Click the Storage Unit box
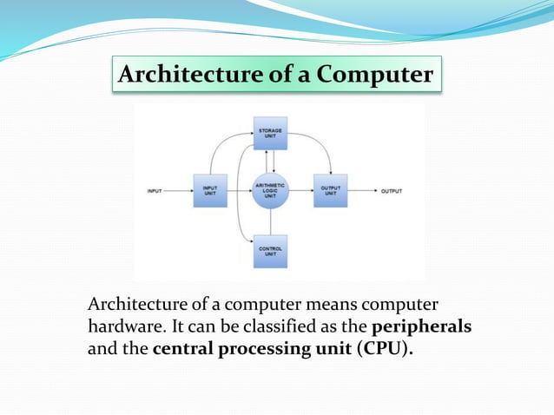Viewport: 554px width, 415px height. tap(270, 133)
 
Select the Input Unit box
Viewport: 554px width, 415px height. tap(210, 189)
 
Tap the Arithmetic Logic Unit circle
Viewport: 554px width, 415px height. tap(270, 189)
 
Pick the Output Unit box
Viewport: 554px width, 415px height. tap(330, 189)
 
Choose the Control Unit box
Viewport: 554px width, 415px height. tap(270, 251)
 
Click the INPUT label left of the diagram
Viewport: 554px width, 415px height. tap(155, 190)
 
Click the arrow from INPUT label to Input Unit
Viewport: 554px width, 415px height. tap(178, 189)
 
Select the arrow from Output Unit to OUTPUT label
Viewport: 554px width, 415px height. tap(360, 189)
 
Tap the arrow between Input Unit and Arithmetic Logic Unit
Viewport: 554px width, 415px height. tap(240, 189)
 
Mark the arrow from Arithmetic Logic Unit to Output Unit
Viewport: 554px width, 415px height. tap(300, 189)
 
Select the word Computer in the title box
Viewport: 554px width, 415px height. tap(374, 76)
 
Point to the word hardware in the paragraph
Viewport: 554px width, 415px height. tap(122, 328)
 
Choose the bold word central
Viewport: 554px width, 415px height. tap(183, 351)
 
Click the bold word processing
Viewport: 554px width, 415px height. tap(261, 351)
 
